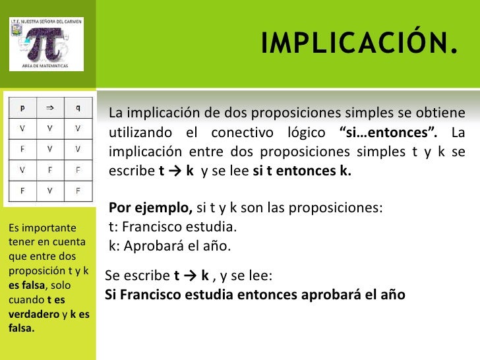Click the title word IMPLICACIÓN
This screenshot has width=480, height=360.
(x=359, y=44)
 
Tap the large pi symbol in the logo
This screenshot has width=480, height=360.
(x=45, y=44)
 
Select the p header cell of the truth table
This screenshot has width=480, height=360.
(x=23, y=105)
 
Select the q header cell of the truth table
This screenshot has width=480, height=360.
(x=78, y=105)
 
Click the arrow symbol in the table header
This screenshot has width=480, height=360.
(x=50, y=105)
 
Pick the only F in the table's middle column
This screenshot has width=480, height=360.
(x=50, y=169)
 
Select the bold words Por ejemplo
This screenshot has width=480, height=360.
(x=150, y=208)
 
